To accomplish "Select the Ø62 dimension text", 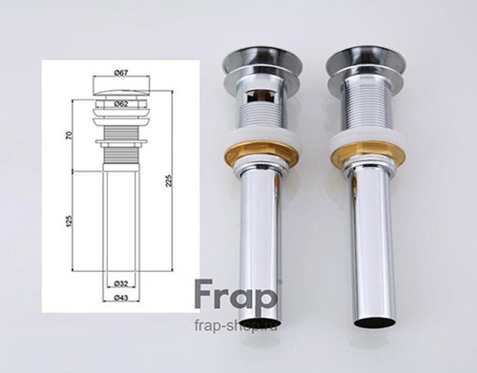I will click(x=121, y=103).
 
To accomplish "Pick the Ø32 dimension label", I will click(x=121, y=284).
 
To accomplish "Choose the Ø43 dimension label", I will click(x=121, y=298).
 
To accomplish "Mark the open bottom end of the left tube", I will click(x=260, y=321).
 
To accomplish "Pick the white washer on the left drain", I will click(x=261, y=135).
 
